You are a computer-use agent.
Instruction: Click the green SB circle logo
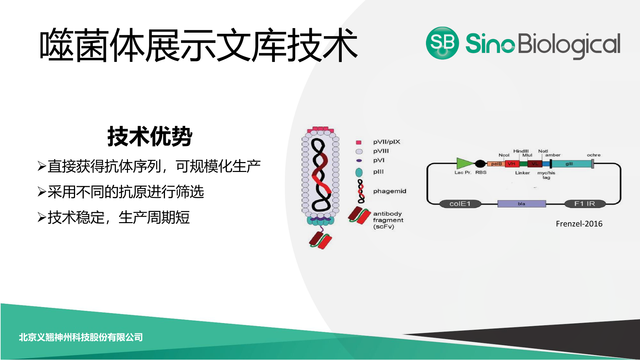[442, 43]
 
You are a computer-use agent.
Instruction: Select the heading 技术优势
[150, 136]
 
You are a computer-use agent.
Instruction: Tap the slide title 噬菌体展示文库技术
[198, 45]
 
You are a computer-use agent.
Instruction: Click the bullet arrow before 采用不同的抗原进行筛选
[42, 192]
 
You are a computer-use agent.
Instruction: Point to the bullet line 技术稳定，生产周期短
[114, 217]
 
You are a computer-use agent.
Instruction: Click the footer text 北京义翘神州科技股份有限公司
[81, 337]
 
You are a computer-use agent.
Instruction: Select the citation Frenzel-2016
[579, 224]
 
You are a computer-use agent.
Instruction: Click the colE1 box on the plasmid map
[460, 204]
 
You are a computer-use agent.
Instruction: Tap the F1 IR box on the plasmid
[585, 204]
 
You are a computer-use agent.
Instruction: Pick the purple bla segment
[522, 204]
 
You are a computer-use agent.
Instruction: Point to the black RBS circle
[480, 164]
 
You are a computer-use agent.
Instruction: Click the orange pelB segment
[496, 164]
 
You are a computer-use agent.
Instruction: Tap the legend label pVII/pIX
[386, 142]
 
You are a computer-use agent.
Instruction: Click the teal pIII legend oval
[359, 172]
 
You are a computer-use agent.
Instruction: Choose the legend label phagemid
[389, 191]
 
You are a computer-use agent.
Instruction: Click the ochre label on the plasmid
[594, 155]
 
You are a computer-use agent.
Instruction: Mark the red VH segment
[512, 164]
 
